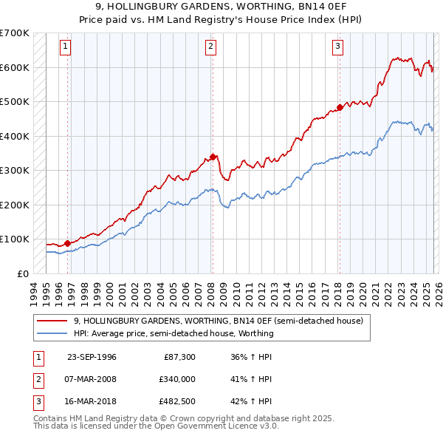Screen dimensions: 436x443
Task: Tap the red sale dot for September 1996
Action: point(67,243)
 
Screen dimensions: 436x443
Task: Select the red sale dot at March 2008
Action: point(213,157)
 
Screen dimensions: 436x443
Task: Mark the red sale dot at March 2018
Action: point(340,107)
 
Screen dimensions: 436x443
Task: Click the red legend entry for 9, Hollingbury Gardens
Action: point(218,321)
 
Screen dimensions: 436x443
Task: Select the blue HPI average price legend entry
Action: point(174,333)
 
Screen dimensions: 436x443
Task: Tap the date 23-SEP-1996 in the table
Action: point(92,357)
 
